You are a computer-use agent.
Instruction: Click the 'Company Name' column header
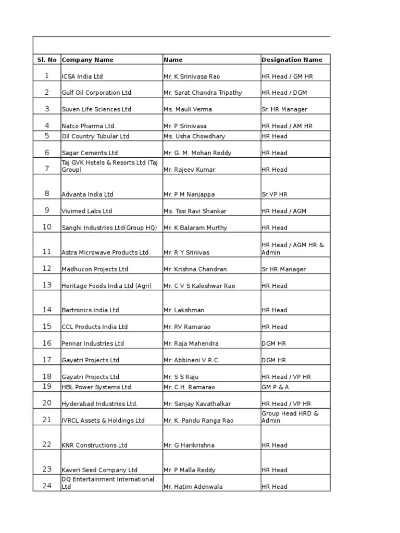[x=87, y=60]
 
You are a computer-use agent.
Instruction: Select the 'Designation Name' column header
[x=292, y=60]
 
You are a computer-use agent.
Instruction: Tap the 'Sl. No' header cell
[x=47, y=60]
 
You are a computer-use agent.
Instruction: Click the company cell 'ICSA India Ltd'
[x=82, y=77]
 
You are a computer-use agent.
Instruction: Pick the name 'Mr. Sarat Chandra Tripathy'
[x=203, y=93]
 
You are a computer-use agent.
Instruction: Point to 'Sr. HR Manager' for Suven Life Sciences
[x=284, y=109]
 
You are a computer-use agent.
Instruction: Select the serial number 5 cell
[x=47, y=136]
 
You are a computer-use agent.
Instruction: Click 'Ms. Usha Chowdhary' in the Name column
[x=194, y=136]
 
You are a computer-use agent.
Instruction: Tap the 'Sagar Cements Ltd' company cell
[x=90, y=153]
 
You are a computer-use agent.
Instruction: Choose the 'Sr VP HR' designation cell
[x=274, y=194]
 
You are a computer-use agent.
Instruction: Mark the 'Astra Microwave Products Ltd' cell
[x=105, y=252]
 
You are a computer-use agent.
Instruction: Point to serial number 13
[x=47, y=285]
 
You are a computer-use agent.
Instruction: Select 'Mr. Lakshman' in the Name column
[x=184, y=310]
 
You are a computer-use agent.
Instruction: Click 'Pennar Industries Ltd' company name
[x=93, y=344]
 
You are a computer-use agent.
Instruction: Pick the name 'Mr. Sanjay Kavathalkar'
[x=197, y=404]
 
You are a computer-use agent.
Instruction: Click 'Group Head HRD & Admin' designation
[x=290, y=417]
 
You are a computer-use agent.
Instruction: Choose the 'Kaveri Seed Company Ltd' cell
[x=99, y=470]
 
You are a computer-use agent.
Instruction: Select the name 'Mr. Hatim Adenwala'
[x=193, y=487]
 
